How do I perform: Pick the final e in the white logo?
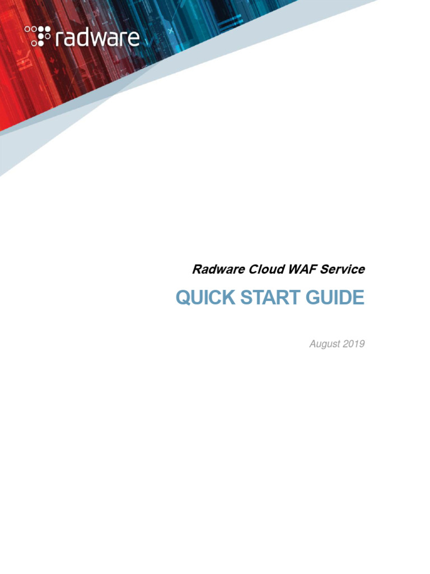(133, 38)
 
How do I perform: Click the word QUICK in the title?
(203, 298)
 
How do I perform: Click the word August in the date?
(325, 344)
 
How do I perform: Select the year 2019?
(354, 344)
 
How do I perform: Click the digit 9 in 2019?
(362, 344)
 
